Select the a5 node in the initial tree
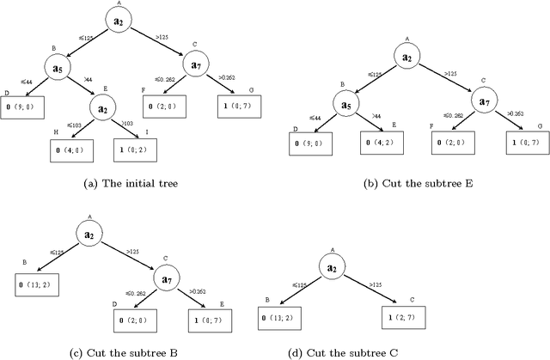pyautogui.click(x=55, y=68)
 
